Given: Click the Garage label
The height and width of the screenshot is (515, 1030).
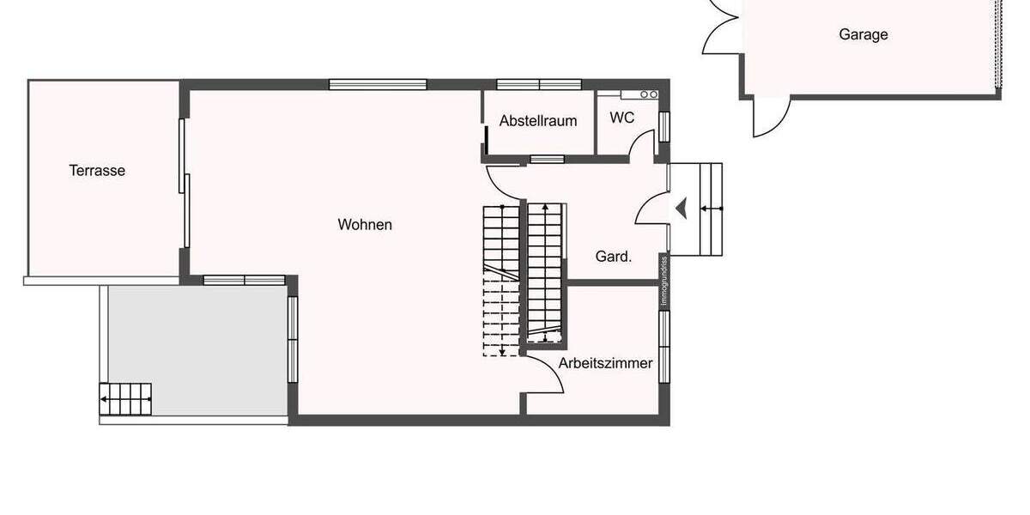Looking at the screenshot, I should tap(863, 35).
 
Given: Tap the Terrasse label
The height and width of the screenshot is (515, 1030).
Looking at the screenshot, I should tap(97, 171).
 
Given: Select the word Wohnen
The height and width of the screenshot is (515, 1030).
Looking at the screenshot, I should tap(365, 225).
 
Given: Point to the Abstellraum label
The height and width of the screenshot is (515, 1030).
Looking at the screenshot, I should tap(538, 121).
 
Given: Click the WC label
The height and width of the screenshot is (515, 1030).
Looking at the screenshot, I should tap(622, 118).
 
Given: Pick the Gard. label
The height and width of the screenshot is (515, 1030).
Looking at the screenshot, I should tap(614, 256).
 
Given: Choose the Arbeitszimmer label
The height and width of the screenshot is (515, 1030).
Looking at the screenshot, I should tap(605, 363).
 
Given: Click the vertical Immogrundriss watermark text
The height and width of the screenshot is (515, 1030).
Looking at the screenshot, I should tap(663, 281).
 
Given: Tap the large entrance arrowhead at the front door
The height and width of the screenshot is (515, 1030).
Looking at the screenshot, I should tap(682, 208).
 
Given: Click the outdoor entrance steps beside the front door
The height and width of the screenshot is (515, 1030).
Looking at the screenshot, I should tap(709, 209).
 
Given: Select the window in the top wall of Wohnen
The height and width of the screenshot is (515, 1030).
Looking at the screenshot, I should tap(378, 84).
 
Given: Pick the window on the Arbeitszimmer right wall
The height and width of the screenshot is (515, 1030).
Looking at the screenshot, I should tap(663, 345).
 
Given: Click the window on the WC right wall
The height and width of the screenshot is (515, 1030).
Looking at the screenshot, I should tap(663, 126).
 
